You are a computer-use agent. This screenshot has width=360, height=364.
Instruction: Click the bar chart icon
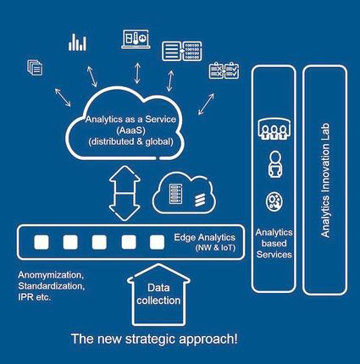77,42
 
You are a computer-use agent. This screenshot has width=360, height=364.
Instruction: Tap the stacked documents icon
35,68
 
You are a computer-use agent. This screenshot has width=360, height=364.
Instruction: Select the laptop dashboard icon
136,39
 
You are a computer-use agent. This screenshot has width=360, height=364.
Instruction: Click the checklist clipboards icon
224,70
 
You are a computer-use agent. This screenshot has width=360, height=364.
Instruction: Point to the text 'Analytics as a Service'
130,119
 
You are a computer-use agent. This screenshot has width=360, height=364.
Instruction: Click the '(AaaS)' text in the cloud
130,130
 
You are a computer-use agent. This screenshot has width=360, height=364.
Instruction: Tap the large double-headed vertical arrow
125,193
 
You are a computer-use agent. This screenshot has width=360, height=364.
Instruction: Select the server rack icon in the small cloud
175,194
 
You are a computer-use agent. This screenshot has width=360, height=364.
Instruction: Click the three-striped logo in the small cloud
200,200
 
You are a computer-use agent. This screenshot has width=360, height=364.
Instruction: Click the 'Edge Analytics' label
204,237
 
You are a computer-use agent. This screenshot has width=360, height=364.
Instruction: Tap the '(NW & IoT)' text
215,248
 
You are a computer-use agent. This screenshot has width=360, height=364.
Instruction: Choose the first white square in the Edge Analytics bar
42,242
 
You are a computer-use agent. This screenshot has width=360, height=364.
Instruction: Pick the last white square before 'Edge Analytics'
157,242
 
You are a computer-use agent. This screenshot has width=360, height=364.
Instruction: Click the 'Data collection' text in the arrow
158,294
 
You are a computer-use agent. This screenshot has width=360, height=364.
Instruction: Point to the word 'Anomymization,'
51,275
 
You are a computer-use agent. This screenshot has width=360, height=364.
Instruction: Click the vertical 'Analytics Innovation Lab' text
325,180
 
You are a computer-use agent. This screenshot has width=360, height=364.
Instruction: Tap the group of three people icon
274,130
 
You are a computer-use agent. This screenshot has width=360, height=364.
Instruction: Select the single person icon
274,164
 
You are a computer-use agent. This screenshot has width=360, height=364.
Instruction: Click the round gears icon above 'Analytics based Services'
274,201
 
